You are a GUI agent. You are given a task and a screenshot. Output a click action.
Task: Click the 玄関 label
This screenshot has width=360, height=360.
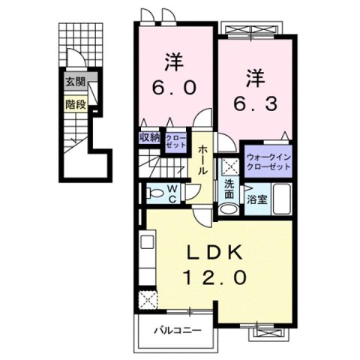(73, 82)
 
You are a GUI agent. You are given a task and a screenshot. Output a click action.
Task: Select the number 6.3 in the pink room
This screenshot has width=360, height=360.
(257, 100)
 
